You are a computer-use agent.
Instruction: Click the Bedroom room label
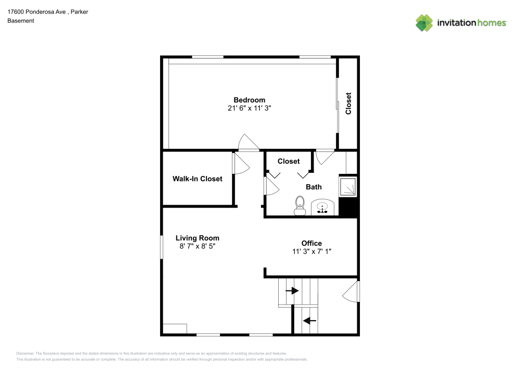[x=249, y=100]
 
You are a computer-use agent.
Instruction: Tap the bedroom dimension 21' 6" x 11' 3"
[x=249, y=108]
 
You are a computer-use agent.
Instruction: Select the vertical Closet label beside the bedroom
[x=348, y=103]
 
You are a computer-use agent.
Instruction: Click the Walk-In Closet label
[x=197, y=179]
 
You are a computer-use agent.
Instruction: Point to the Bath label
[x=314, y=187]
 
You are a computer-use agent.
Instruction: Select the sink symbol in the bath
[x=323, y=208]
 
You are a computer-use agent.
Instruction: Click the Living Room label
[x=197, y=238]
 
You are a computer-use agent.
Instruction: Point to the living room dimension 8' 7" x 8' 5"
[x=197, y=246]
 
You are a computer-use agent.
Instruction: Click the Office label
[x=311, y=243]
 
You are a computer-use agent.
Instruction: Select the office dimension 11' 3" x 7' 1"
[x=311, y=251]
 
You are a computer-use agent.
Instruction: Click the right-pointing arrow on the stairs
[x=292, y=290]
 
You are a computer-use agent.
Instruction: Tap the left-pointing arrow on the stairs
[x=310, y=321]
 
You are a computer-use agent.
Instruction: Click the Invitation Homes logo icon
[x=424, y=22]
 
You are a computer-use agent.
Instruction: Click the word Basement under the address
[x=21, y=21]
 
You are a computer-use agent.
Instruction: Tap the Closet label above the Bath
[x=289, y=161]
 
